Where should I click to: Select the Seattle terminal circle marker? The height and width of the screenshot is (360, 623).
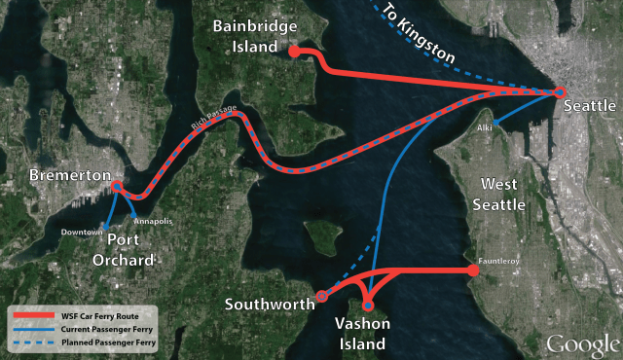(560, 92)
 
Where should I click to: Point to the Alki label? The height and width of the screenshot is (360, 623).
(486, 127)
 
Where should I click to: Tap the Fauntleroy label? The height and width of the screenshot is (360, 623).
(499, 261)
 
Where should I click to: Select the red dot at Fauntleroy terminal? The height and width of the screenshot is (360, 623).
(474, 270)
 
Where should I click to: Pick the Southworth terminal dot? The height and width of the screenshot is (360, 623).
(322, 296)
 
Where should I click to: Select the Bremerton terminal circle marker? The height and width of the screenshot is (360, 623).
(116, 186)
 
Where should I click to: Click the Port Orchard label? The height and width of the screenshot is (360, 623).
(125, 251)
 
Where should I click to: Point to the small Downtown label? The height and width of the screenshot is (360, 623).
(82, 232)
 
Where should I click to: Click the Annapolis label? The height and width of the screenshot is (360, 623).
(154, 221)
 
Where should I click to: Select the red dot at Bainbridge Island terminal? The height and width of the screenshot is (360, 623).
(295, 54)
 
